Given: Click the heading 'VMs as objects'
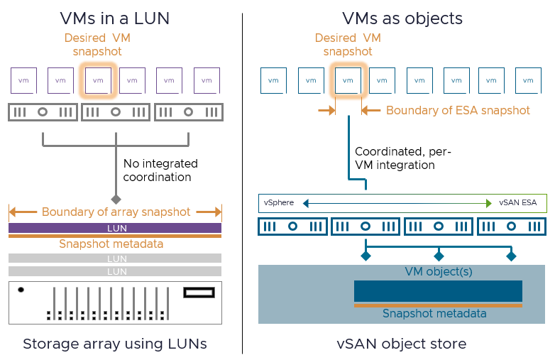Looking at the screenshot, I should pyautogui.click(x=402, y=18).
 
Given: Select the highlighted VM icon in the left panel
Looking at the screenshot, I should pyautogui.click(x=98, y=80).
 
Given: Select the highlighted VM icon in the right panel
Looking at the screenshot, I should pyautogui.click(x=348, y=80).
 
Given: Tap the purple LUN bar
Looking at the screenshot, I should pyautogui.click(x=116, y=229).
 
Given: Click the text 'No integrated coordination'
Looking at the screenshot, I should pyautogui.click(x=160, y=170).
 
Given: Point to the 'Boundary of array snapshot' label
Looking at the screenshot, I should pyautogui.click(x=116, y=212).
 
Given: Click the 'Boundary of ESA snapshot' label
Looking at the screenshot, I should pyautogui.click(x=458, y=110).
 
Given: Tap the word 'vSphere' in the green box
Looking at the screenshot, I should pyautogui.click(x=279, y=203).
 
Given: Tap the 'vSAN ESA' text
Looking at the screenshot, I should pyautogui.click(x=517, y=203).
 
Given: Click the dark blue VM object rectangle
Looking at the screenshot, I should pyautogui.click(x=437, y=291).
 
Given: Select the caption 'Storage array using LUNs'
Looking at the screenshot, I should pyautogui.click(x=115, y=344).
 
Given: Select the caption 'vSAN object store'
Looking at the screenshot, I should pyautogui.click(x=402, y=344).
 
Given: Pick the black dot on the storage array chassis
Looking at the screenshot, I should pyautogui.click(x=21, y=290).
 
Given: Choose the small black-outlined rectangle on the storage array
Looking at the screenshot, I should pyautogui.click(x=198, y=292).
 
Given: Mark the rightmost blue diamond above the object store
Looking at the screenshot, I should pyautogui.click(x=510, y=255).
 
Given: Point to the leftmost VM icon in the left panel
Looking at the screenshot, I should pyautogui.click(x=23, y=80).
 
